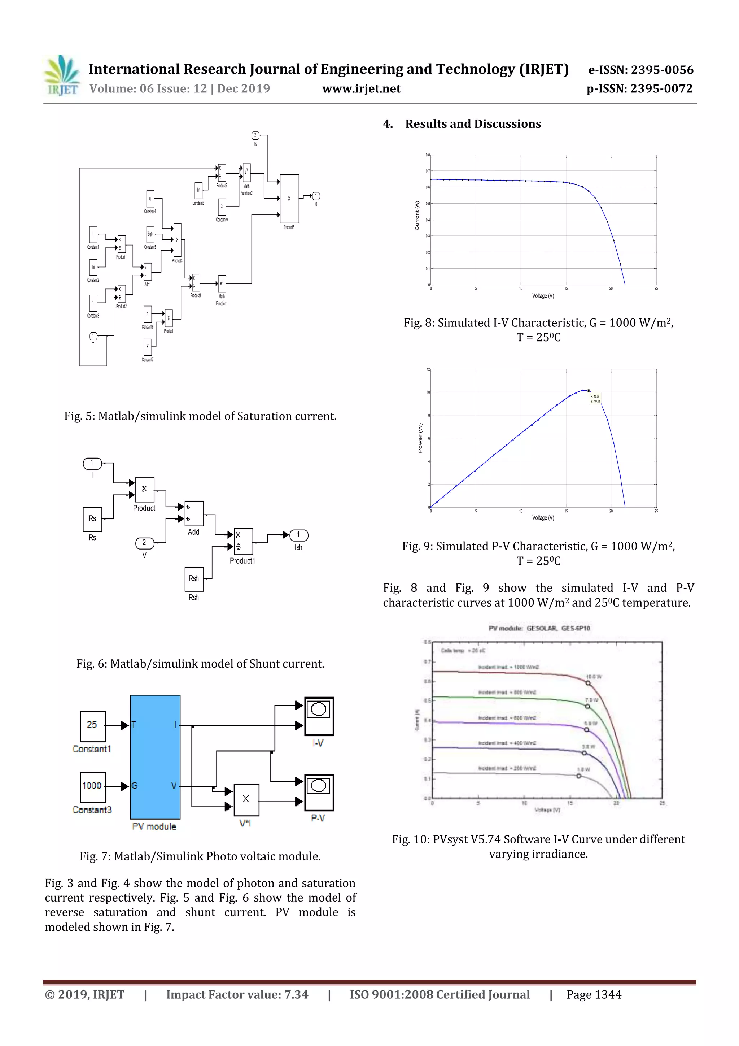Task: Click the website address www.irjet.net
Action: click(362, 89)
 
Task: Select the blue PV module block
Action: click(155, 757)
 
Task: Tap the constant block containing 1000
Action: click(92, 787)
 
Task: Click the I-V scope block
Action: click(319, 716)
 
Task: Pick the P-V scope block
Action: click(319, 792)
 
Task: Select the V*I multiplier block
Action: click(246, 799)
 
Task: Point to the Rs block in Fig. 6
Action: click(92, 519)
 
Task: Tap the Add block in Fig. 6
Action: click(194, 513)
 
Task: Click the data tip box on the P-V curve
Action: click(596, 399)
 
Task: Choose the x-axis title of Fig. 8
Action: click(543, 296)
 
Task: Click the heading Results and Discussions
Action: click(473, 124)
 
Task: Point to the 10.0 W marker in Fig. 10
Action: click(588, 683)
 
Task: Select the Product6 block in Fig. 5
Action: click(289, 199)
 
